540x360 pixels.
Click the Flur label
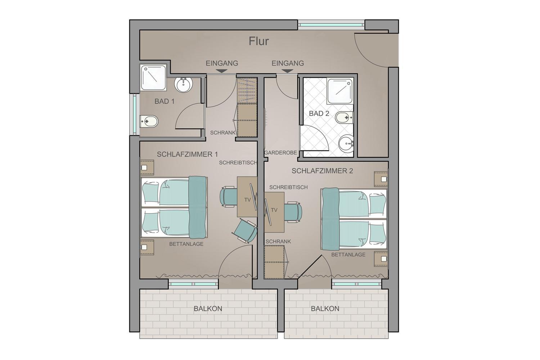point(259,41)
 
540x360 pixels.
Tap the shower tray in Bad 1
point(153,77)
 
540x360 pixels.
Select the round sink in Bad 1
point(184,85)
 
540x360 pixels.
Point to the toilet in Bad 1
point(149,121)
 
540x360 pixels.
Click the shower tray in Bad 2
point(340,91)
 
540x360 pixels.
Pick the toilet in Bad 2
point(345,117)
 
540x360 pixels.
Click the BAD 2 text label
point(319,113)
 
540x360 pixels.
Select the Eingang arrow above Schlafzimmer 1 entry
point(222,71)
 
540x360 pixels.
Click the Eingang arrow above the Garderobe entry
point(287,71)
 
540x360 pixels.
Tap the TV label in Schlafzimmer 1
point(247,200)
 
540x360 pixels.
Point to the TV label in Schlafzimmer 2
point(274,210)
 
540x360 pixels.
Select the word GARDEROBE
point(280,153)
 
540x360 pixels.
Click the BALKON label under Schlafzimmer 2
point(325,309)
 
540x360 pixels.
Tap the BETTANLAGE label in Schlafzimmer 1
point(186,244)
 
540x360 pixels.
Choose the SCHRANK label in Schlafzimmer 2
point(278,241)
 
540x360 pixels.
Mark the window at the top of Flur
point(331,25)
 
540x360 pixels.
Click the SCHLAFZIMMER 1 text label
point(187,154)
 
